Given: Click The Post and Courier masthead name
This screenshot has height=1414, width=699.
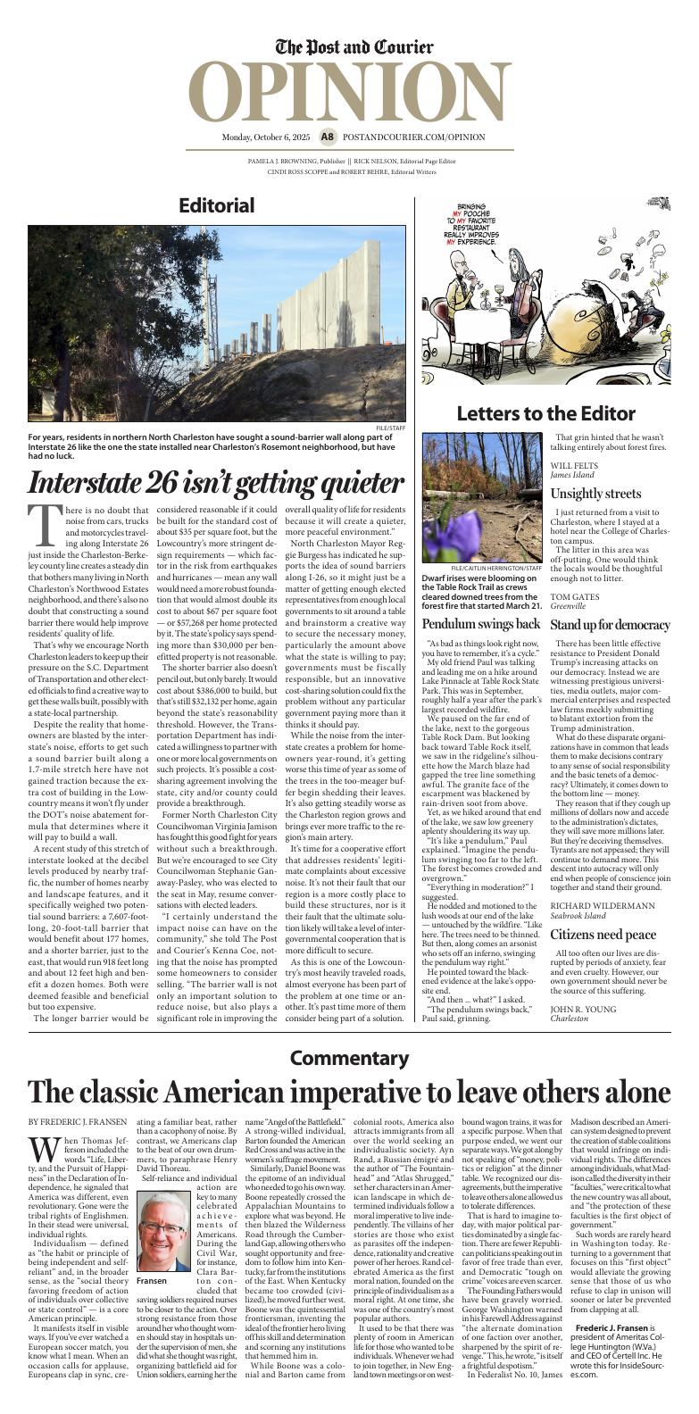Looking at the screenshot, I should click(354, 47).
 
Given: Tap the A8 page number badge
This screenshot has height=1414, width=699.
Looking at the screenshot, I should click(328, 137).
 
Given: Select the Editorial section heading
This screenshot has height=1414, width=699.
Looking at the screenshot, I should click(216, 204).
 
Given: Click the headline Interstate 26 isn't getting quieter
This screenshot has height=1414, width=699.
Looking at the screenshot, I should click(216, 483).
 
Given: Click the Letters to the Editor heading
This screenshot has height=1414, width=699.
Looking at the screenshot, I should click(545, 413).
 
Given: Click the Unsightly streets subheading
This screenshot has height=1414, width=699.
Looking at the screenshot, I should click(595, 494).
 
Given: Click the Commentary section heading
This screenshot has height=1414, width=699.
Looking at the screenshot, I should click(349, 1058).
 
